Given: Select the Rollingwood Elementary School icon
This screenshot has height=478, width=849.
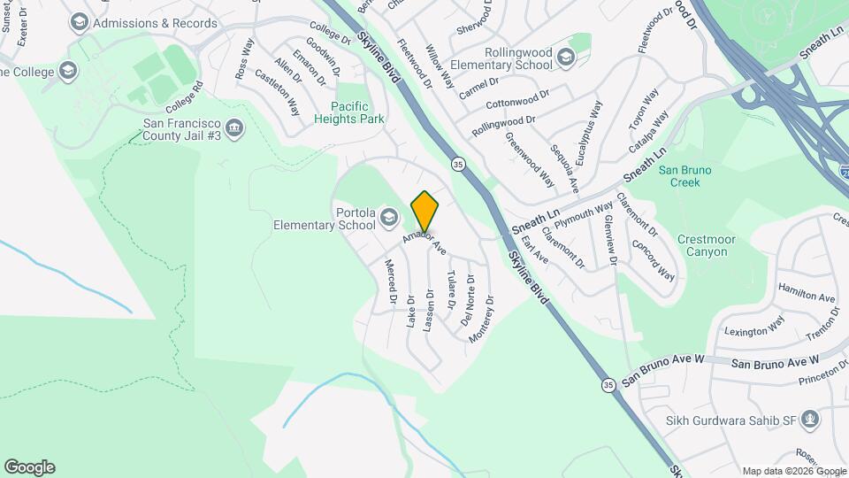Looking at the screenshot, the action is pos(566,58).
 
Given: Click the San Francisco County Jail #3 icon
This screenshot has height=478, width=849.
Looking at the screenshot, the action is pos(235,128).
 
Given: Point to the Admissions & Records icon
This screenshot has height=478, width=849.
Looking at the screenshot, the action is pos(79,22).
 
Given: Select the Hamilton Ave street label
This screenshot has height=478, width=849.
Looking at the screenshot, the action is pos(806,292).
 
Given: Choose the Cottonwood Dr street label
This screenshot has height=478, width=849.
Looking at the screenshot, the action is pos(517,97).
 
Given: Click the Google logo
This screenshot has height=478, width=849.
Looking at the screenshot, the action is pos(29,467).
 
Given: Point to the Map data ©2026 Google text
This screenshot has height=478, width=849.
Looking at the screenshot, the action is pos(793,471).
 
